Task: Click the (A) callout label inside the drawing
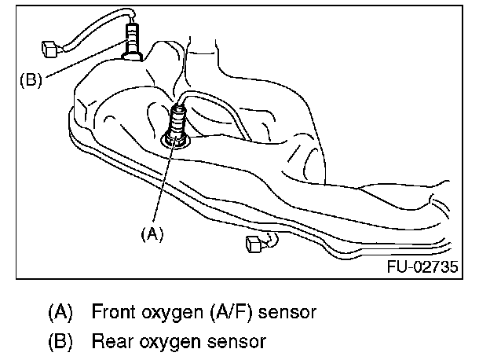point(152,233)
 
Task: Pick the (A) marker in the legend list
point(61,312)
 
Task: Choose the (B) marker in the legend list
point(61,342)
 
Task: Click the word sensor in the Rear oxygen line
point(237,342)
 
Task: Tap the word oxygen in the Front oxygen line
point(166,313)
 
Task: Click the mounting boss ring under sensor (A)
point(175,140)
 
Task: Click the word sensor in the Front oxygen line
point(287,312)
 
